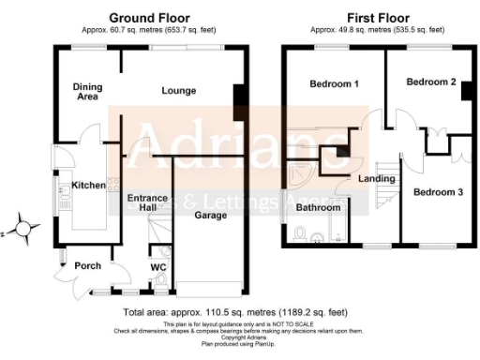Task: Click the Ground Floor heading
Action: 150,17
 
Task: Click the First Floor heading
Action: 372,17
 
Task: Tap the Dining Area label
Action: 87,92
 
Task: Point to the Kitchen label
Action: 89,186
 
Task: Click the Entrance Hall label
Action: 147,203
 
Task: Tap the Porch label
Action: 87,266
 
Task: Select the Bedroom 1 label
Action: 335,84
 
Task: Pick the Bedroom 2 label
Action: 430,82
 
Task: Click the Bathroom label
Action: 319,208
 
